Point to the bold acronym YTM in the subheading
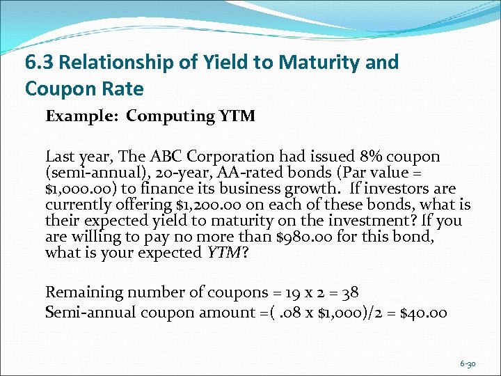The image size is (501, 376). tap(239, 116)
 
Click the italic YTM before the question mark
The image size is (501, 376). tap(223, 253)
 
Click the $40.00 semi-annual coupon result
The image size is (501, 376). tap(423, 312)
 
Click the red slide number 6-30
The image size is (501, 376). tap(468, 363)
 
